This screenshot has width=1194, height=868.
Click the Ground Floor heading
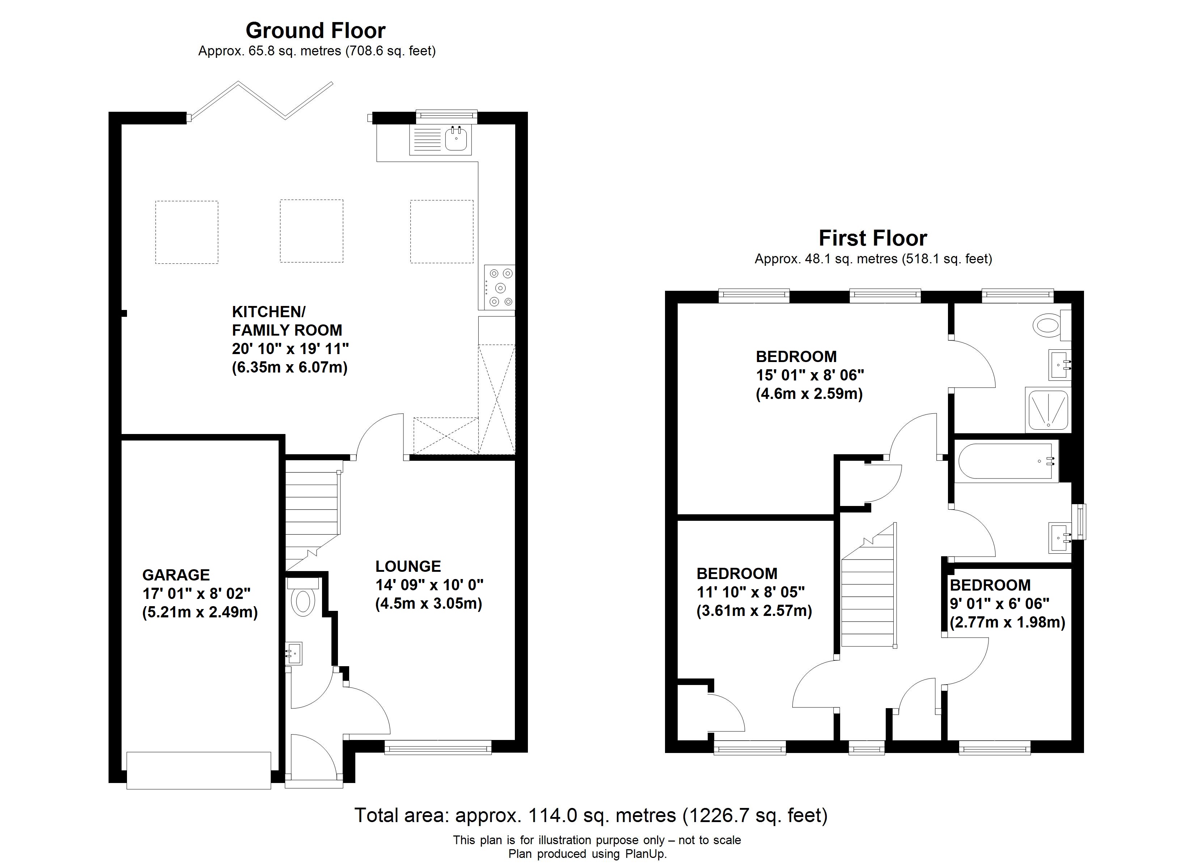pyautogui.click(x=316, y=30)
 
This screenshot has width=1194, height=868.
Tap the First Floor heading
pyautogui.click(x=873, y=238)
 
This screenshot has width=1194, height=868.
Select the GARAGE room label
pyautogui.click(x=176, y=575)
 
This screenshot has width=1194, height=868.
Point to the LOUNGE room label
pyautogui.click(x=408, y=566)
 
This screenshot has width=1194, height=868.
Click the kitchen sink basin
pyautogui.click(x=456, y=139)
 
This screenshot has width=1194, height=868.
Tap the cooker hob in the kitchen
pyautogui.click(x=500, y=288)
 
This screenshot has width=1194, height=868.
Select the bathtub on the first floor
pyautogui.click(x=1008, y=461)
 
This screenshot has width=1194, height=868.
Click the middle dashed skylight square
pyautogui.click(x=312, y=231)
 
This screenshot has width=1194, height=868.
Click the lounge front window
pyautogui.click(x=438, y=748)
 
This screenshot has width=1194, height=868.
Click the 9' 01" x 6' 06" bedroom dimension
pyautogui.click(x=1000, y=604)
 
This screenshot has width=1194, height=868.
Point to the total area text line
pyautogui.click(x=591, y=815)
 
